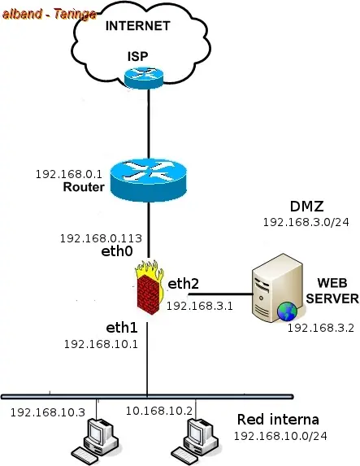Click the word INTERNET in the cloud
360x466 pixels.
point(138,26)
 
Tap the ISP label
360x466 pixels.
point(138,56)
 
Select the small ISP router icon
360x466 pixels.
point(144,78)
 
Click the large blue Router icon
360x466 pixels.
point(149,181)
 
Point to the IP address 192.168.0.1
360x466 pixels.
point(69,174)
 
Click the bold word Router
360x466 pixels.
point(84,187)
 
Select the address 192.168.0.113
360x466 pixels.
point(101,238)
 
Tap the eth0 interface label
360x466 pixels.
point(117,251)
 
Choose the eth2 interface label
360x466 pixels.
point(184,284)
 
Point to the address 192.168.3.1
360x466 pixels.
point(200,306)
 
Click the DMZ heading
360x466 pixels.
point(306,207)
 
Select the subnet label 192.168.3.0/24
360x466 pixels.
point(306,222)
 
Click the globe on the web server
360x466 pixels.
point(287,311)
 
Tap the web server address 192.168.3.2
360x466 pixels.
point(321,328)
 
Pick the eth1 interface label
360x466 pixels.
point(122,328)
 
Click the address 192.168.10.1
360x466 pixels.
point(101,344)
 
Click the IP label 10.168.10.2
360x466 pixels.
point(159,411)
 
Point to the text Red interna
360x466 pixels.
point(278,420)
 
